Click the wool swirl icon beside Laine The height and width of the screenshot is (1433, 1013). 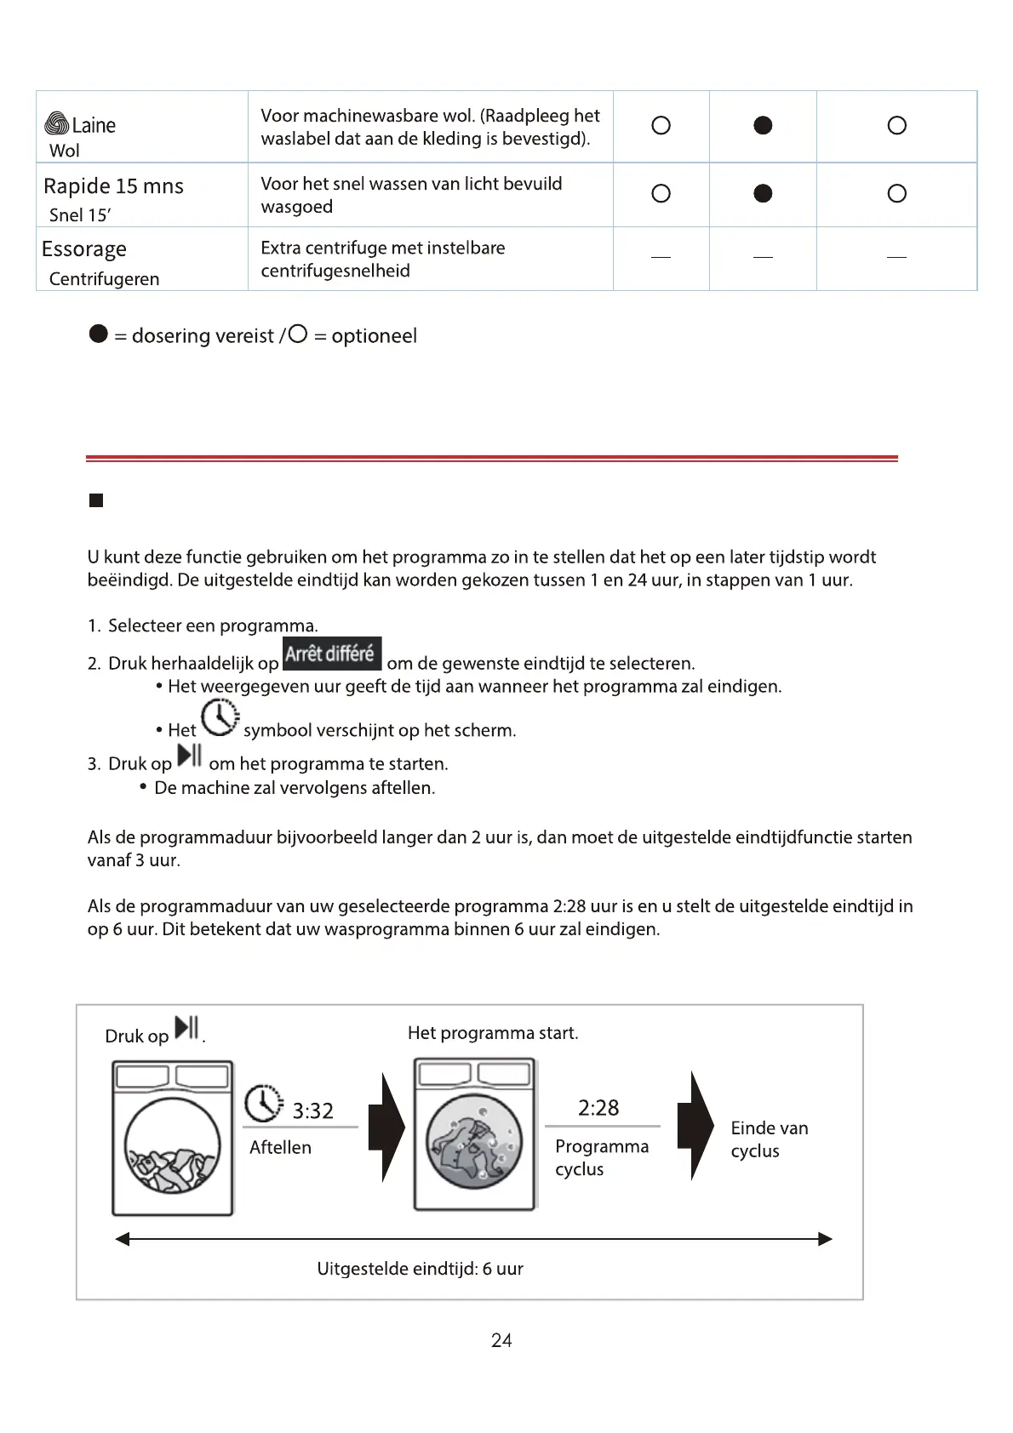57,124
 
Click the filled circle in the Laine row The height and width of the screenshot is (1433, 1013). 763,125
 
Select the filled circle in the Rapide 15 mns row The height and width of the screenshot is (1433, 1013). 763,193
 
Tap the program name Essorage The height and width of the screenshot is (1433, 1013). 84,249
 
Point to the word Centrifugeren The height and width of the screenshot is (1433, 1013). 104,279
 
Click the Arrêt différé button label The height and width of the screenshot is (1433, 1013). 331,654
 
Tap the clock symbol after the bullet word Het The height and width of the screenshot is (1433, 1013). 220,717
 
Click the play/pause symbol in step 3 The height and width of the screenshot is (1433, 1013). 189,755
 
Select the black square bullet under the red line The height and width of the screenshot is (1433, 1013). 96,500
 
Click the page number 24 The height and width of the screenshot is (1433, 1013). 501,1340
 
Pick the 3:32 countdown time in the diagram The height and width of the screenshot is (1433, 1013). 312,1110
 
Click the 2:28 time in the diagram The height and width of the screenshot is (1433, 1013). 598,1107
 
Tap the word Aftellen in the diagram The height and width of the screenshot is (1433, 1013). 280,1147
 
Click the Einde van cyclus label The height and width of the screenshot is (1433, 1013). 769,1139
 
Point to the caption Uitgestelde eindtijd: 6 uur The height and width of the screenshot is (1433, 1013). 420,1269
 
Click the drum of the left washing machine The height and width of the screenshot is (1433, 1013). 172,1145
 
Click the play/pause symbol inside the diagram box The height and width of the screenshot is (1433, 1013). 186,1028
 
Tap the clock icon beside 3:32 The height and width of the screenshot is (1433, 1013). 264,1104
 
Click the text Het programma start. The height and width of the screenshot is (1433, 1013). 493,1033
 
